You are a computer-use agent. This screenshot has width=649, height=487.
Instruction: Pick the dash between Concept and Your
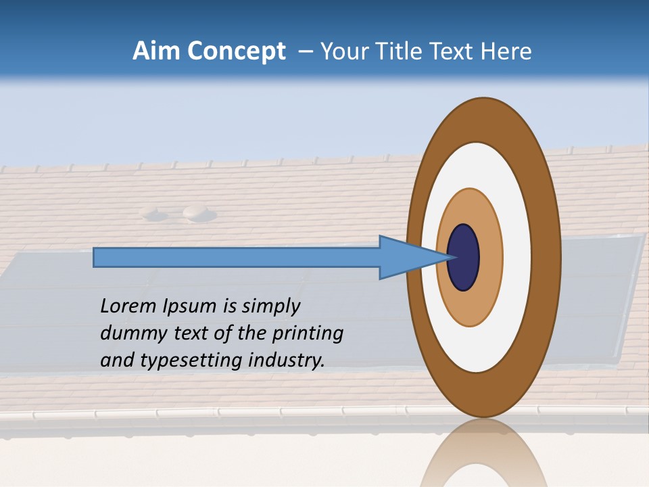pyautogui.click(x=305, y=51)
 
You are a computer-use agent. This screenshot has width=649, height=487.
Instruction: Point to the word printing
pyautogui.click(x=308, y=334)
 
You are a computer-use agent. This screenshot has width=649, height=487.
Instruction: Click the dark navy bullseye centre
pyautogui.click(x=464, y=257)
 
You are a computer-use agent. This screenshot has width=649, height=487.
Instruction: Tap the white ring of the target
pyautogui.click(x=516, y=257)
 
